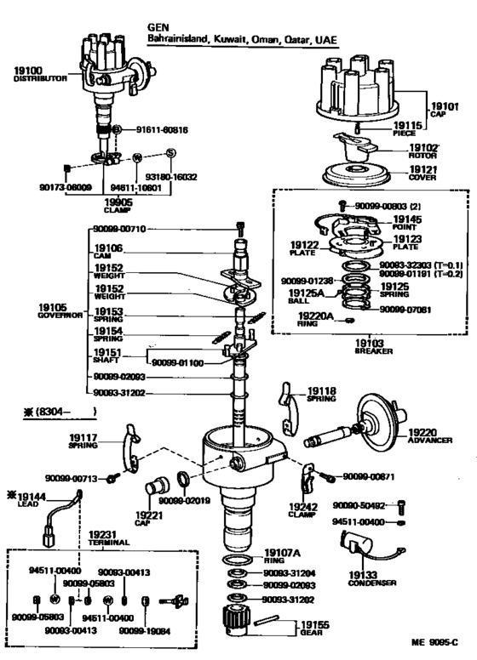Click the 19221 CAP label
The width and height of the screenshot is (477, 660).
click(x=149, y=518)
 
